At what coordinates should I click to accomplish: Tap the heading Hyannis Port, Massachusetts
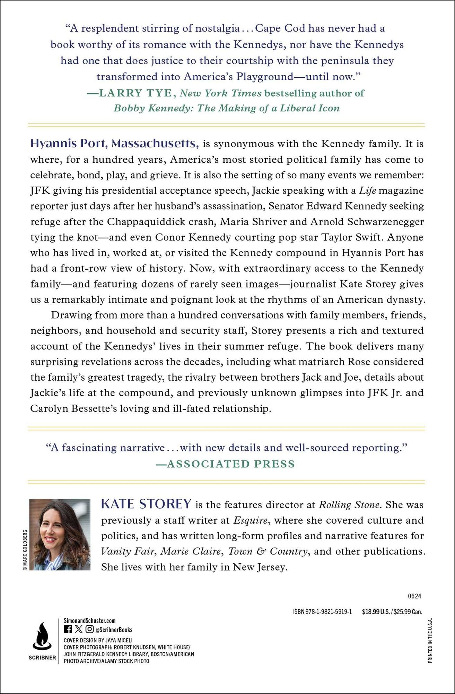[114, 143]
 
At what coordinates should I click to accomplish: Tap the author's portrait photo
[60, 534]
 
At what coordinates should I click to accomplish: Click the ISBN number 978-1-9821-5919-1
[329, 612]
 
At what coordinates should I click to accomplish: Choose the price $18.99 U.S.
[376, 612]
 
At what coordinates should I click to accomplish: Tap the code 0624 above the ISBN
[414, 596]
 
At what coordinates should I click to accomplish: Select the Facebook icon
[68, 629]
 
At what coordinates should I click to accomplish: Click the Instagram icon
[89, 629]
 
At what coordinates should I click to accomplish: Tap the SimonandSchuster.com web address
[90, 621]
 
